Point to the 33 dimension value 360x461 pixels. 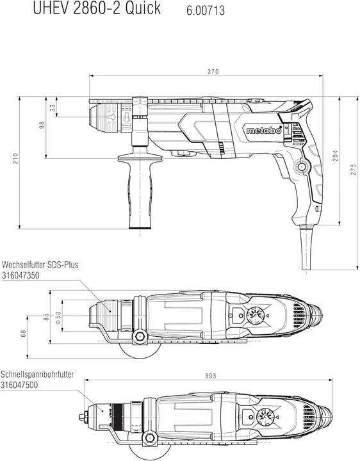[52, 108]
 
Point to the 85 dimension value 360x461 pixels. [46, 316]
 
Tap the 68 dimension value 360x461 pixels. [24, 334]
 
